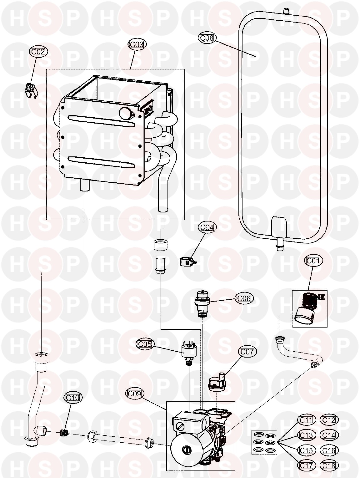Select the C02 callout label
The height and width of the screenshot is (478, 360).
pyautogui.click(x=38, y=52)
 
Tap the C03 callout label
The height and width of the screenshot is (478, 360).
pyautogui.click(x=137, y=44)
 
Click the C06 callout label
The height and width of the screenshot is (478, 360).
pyautogui.click(x=244, y=298)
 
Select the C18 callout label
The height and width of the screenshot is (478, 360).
pyautogui.click(x=329, y=465)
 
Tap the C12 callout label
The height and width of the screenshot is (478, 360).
pyautogui.click(x=329, y=420)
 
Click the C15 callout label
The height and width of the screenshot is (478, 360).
pyautogui.click(x=306, y=450)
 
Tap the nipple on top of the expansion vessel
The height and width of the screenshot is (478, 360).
pyautogui.click(x=285, y=11)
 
